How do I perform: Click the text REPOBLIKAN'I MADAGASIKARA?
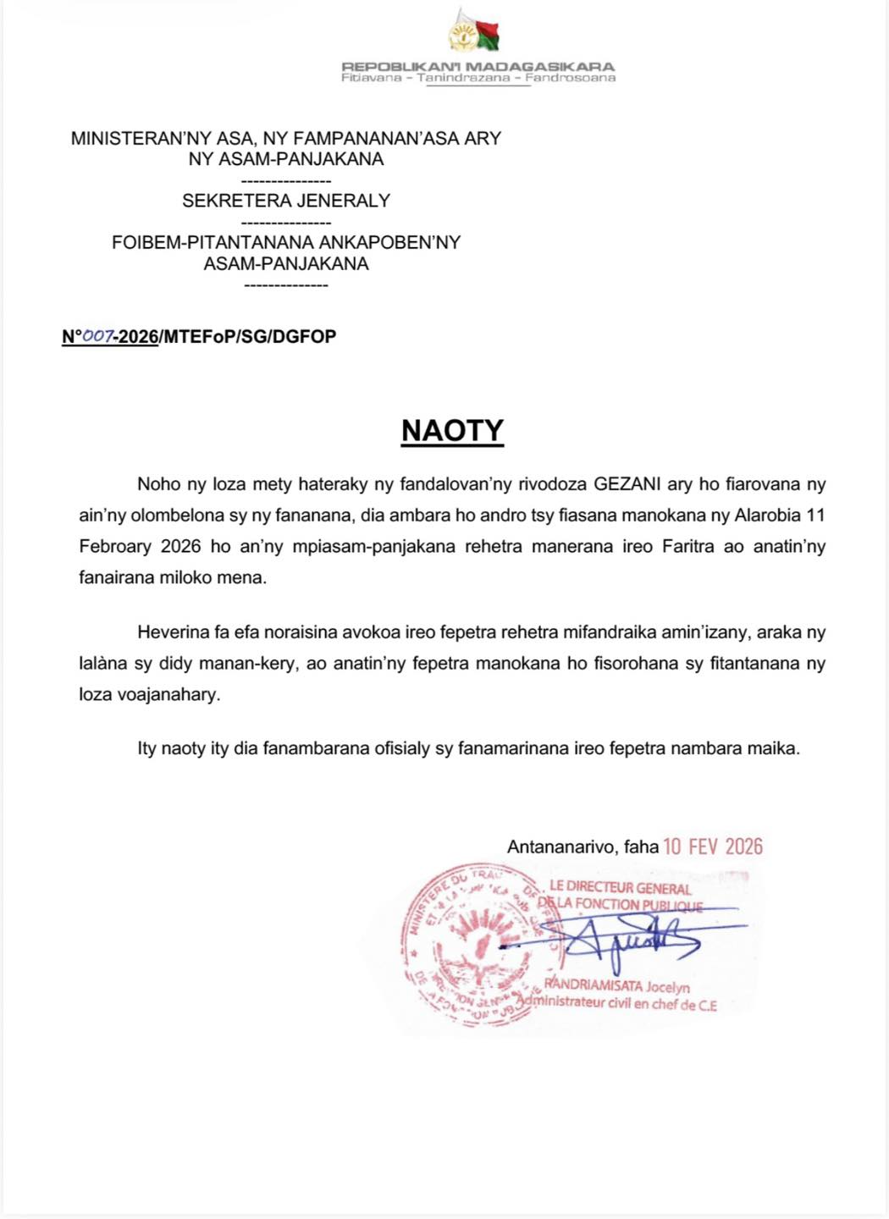click(x=478, y=66)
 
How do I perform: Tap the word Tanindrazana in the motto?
click(x=463, y=78)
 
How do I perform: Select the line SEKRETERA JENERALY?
click(x=286, y=201)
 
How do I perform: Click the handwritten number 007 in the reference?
click(x=97, y=336)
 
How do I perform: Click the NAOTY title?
click(x=452, y=431)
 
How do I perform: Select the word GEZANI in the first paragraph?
click(x=627, y=484)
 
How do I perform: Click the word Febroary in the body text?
click(x=115, y=546)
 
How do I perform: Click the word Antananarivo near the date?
click(x=560, y=847)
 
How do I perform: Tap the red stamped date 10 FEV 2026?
click(x=712, y=847)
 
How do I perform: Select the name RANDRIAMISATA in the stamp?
click(x=593, y=985)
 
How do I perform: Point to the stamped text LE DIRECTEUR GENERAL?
click(x=620, y=887)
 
